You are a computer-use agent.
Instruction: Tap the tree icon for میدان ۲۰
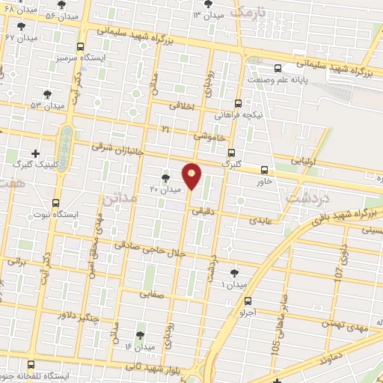pyautogui.click(x=166, y=177)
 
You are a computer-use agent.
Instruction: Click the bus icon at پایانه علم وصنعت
pyautogui.click(x=278, y=67)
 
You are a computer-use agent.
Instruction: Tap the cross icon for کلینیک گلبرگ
pyautogui.click(x=35, y=153)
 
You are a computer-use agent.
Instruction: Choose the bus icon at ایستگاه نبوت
pyautogui.click(x=57, y=203)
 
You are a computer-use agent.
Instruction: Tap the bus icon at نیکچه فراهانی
pyautogui.click(x=238, y=103)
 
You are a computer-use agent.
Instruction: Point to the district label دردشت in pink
pyautogui.click(x=304, y=198)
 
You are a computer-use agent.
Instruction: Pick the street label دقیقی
pyautogui.click(x=203, y=212)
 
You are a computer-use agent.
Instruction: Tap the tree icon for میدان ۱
pyautogui.click(x=235, y=273)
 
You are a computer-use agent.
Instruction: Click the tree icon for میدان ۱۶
pyautogui.click(x=140, y=334)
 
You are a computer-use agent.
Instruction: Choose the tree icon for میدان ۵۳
pyautogui.click(x=47, y=94)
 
